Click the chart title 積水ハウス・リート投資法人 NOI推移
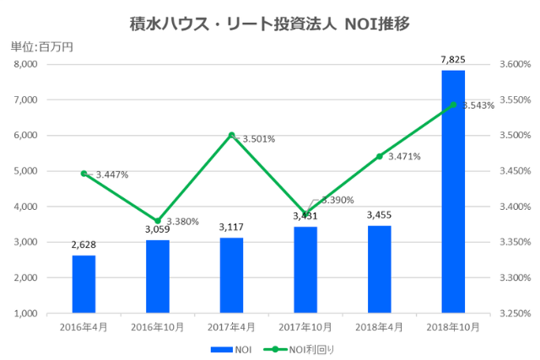coord(269,23)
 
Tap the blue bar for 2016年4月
coord(84,283)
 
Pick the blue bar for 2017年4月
coord(231,275)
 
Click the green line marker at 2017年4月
coord(231,135)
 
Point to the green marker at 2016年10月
coord(157,221)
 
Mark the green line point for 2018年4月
coord(380,156)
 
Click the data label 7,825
coord(453,59)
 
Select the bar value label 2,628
coord(84,244)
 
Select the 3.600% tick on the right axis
coord(514,64)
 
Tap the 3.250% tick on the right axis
coord(514,313)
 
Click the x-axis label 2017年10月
coord(305,325)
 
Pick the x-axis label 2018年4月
coord(380,325)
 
